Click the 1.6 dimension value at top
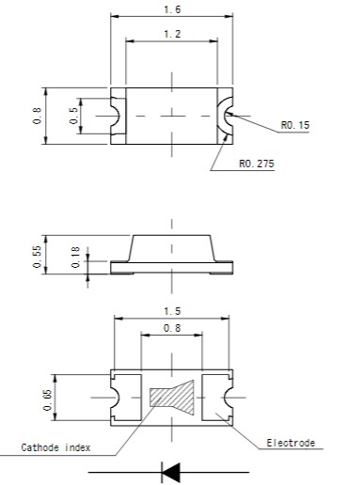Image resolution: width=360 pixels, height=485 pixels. coord(171,9)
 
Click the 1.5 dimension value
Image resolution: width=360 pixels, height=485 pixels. coord(171,310)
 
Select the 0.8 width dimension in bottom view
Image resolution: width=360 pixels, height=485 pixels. coord(171,328)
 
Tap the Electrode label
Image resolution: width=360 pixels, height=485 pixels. coord(290,443)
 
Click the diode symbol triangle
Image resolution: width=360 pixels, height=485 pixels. coord(171,471)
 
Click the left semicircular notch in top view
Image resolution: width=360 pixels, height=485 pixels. coord(116,117)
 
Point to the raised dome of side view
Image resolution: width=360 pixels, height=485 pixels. coord(171,249)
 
